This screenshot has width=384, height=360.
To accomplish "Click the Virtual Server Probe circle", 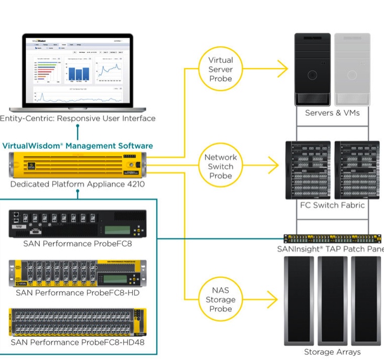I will tap(220, 69).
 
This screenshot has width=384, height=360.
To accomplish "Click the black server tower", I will tap(313, 69).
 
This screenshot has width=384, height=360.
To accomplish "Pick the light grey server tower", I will tap(352, 69).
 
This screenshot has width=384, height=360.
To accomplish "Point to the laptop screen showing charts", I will tap(78, 70).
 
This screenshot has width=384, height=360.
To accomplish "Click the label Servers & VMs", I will tap(333, 113).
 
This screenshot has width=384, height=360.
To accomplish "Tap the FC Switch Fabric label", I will tap(332, 205).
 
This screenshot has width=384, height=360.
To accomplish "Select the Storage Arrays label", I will tap(332, 352).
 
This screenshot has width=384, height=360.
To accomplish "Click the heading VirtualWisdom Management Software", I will tap(78, 146).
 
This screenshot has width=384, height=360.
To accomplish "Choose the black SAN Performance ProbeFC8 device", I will tap(77, 223).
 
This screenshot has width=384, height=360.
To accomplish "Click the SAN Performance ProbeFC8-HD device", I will tap(77, 273).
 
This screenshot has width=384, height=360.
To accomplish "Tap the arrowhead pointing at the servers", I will tap(282, 69).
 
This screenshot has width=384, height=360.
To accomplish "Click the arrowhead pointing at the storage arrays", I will tap(272, 300).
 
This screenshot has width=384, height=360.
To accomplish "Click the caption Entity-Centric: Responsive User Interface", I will tap(78, 118).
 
